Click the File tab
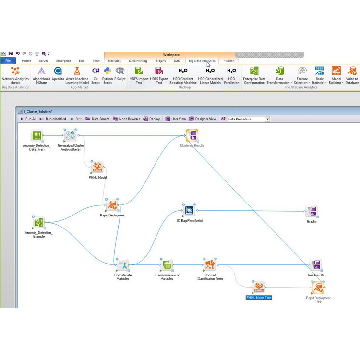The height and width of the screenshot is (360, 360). (x=8, y=61)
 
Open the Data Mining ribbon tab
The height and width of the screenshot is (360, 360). (x=138, y=61)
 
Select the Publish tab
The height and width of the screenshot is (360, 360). (x=229, y=61)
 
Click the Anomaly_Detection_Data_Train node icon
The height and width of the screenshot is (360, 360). (x=36, y=136)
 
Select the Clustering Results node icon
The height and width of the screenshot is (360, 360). (x=192, y=135)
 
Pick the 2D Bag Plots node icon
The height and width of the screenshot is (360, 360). (x=189, y=210)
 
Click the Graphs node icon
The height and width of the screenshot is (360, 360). (x=312, y=211)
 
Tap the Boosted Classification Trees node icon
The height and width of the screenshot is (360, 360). (x=210, y=265)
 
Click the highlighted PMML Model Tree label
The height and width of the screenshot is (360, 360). (x=259, y=298)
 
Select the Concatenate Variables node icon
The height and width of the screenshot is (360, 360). (x=123, y=265)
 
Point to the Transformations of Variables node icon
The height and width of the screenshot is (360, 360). (x=167, y=265)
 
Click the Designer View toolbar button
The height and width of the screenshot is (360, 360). (x=203, y=119)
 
